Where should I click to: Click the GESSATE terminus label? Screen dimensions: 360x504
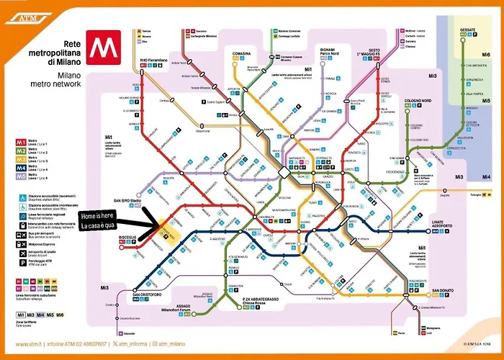coord(468,30)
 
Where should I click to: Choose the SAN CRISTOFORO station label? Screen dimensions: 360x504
coord(145,294)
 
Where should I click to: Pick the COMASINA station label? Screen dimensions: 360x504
coord(241,53)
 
